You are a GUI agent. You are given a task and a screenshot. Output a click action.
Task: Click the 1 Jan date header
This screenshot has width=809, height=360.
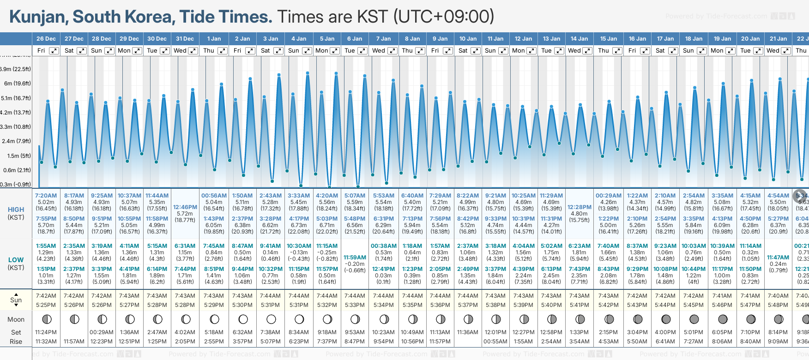[214, 39]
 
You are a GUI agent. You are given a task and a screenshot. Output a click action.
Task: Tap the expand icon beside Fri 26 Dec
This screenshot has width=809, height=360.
[54, 51]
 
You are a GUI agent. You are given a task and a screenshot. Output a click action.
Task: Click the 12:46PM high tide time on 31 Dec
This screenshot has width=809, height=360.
[185, 207]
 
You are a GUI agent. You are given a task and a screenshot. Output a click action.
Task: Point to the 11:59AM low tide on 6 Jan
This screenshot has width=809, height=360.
[355, 258]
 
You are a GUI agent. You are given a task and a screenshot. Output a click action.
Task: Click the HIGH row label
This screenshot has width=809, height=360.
[16, 210]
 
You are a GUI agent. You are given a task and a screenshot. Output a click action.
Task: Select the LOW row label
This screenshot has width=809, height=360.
[16, 260]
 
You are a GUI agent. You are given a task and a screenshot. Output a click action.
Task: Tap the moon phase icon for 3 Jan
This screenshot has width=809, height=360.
[271, 319]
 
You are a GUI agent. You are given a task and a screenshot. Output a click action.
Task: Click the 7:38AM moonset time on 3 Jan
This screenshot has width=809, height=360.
[271, 332]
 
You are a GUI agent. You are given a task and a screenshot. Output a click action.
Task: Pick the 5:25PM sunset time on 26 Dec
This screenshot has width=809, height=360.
[46, 305]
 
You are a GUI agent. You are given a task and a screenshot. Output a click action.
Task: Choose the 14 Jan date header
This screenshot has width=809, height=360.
[579, 39]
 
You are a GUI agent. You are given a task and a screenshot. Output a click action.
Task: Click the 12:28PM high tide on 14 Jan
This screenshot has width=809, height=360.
[580, 207]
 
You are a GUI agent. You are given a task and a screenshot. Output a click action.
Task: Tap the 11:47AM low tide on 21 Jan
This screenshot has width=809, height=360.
[778, 258]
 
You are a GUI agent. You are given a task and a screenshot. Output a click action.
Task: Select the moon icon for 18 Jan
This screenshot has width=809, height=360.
[694, 319]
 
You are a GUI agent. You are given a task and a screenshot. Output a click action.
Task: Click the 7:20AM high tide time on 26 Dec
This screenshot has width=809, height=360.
[46, 196]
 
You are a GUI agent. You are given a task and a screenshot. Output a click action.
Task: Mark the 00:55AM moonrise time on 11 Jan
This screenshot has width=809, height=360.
[495, 342]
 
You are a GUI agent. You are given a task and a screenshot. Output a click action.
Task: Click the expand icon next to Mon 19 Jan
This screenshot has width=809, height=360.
[731, 51]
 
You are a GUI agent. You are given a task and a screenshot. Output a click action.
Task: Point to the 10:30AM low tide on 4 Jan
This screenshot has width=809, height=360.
[299, 246]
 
